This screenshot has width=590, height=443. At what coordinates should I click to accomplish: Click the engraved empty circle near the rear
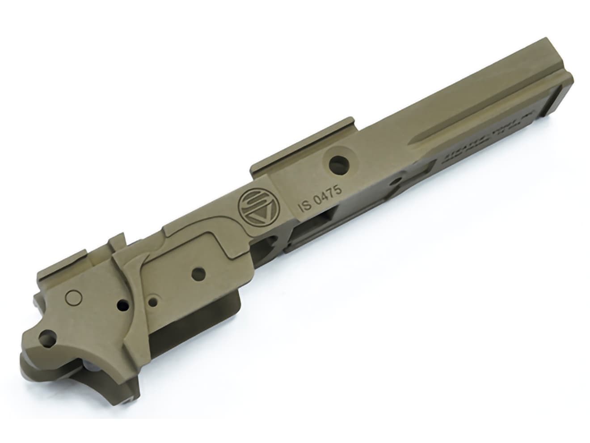(72, 296)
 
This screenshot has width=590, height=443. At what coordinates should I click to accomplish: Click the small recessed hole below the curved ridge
(153, 302)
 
